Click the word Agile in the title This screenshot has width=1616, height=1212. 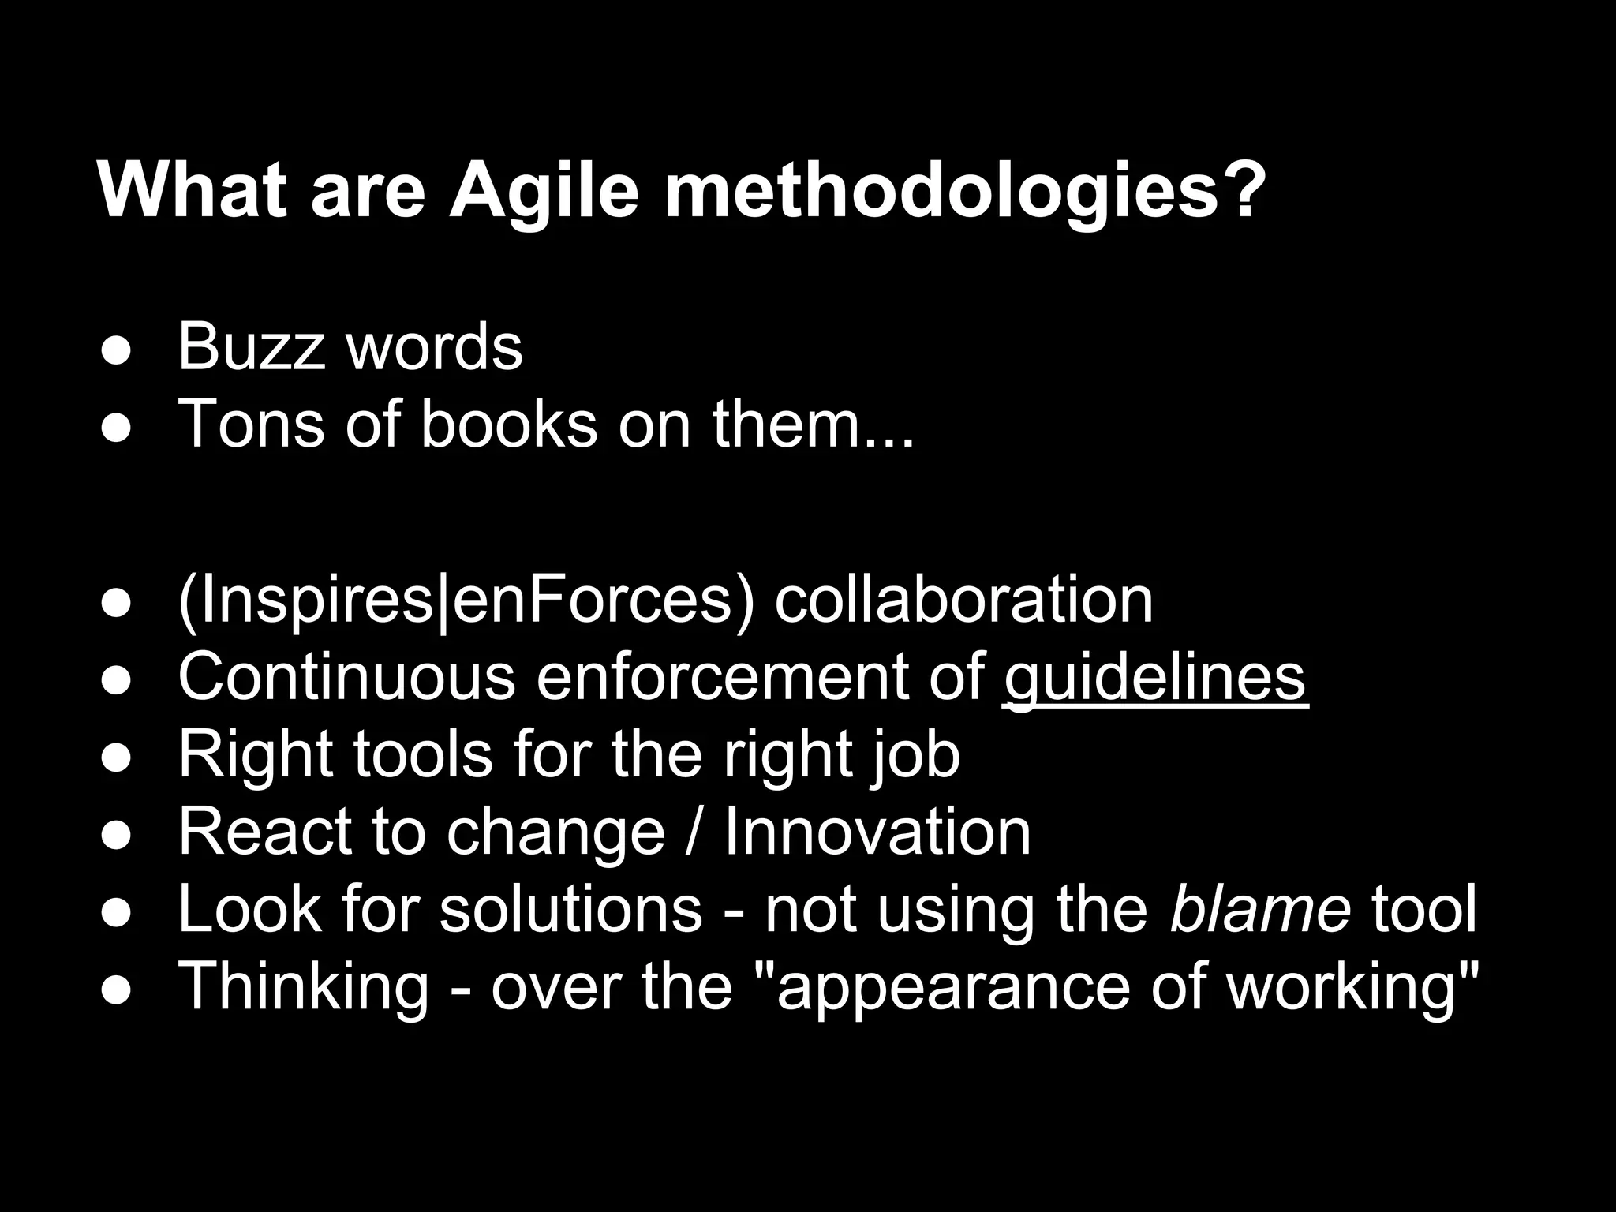point(544,193)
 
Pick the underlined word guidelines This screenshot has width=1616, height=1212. point(1155,676)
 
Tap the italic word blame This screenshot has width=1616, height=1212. point(1260,908)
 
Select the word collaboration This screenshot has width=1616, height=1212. point(963,600)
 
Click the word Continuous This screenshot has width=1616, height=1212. point(346,676)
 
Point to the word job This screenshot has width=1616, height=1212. point(916,755)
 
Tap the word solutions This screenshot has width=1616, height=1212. point(570,908)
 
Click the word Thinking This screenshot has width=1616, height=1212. point(304,986)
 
